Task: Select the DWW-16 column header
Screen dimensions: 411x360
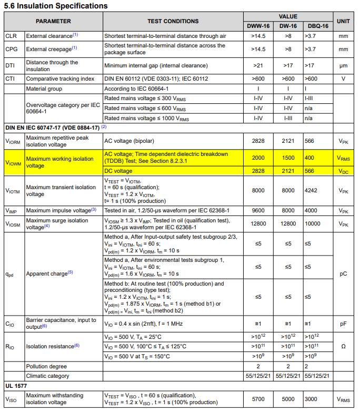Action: coord(258,26)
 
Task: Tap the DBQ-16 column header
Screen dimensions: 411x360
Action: coord(318,26)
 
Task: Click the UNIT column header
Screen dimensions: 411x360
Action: coord(343,21)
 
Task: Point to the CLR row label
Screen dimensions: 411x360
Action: coord(11,36)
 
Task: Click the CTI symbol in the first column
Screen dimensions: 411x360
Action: coord(10,79)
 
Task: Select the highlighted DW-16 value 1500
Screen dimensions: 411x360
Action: coord(288,158)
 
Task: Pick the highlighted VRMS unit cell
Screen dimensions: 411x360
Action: coord(343,158)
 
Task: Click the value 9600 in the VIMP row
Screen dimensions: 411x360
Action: coord(258,210)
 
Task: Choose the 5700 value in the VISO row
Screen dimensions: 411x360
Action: coord(258,399)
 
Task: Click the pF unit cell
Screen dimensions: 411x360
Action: coord(343,324)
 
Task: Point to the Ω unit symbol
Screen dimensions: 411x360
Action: coord(343,346)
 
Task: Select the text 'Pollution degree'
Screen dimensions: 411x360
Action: coord(46,366)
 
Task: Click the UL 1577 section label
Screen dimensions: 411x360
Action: coord(17,386)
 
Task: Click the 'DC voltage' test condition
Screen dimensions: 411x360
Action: coord(118,171)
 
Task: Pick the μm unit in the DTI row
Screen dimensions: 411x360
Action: coord(343,66)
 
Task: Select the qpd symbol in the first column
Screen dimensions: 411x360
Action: coord(9,274)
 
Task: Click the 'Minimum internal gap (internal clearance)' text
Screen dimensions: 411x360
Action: coord(156,66)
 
